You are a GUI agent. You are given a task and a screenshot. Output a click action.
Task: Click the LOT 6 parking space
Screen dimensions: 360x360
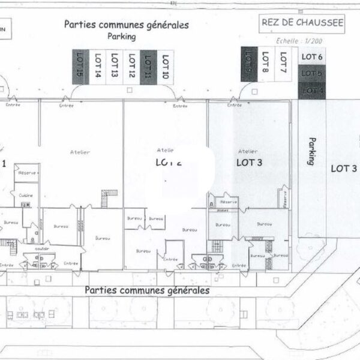tap(312, 57)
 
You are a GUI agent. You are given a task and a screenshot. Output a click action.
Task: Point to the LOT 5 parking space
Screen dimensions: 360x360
tap(312, 73)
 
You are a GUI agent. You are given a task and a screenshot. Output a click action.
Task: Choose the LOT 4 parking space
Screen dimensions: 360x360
tap(312, 90)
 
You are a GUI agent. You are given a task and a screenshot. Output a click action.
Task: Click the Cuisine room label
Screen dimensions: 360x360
tap(25, 196)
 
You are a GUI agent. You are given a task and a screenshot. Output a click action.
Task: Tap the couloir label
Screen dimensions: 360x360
tap(41, 247)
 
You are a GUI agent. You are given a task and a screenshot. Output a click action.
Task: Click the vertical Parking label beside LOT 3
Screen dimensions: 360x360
tap(311, 151)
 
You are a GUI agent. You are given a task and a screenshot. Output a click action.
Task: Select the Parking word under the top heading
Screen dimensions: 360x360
tap(122, 36)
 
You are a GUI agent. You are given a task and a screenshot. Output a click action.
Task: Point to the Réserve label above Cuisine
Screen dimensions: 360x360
tap(27, 173)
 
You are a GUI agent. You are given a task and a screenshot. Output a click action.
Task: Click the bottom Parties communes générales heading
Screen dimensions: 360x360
tap(147, 290)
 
